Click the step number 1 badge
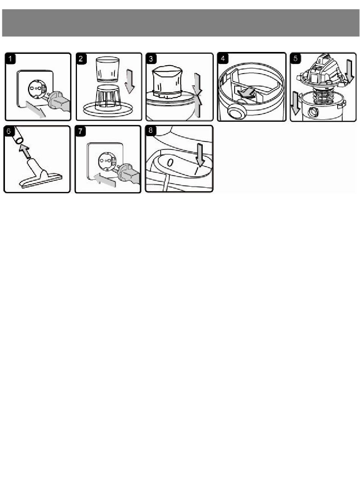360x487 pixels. [11, 59]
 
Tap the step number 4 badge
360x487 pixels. [223, 58]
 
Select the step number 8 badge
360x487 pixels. [151, 130]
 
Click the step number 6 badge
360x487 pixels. [9, 131]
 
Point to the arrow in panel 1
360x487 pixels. [36, 109]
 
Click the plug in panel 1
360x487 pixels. [58, 102]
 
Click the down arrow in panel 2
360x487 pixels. [130, 81]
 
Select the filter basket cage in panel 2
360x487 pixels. [108, 99]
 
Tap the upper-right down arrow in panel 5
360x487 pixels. [350, 71]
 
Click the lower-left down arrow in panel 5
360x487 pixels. [295, 104]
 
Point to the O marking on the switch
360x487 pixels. [170, 163]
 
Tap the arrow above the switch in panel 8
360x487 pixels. [200, 154]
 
